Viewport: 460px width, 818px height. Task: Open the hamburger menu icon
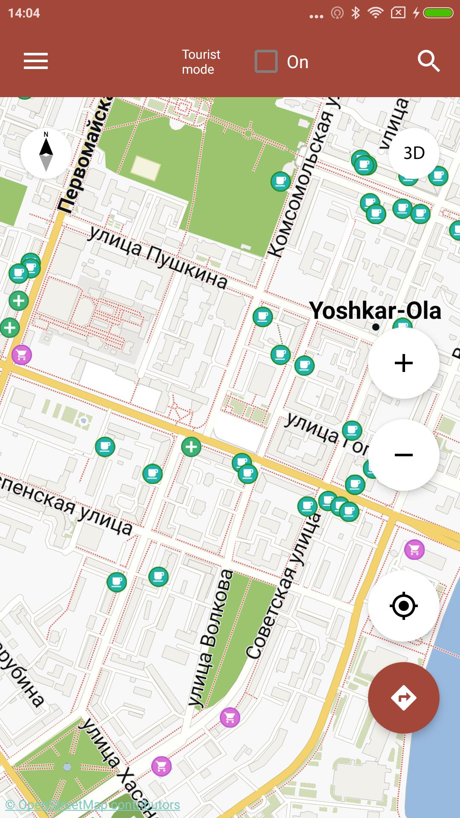coord(36,61)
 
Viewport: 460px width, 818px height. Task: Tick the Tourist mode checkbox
coord(266,62)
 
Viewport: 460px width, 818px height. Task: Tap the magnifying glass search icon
coord(428,61)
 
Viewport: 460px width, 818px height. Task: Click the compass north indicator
coord(46,153)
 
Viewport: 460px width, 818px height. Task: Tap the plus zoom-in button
coord(403,363)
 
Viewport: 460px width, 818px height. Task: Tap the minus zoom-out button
coord(403,455)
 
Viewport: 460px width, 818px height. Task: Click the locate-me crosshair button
coord(403,606)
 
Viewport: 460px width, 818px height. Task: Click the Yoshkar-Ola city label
coord(375,310)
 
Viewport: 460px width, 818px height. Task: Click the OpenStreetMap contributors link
coord(92,805)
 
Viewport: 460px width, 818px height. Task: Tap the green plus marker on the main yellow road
coord(191,447)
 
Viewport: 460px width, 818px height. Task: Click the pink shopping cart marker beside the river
coord(414,550)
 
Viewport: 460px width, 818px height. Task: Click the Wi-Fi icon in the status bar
coord(375,13)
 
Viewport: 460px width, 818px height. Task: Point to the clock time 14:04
coord(24,13)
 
